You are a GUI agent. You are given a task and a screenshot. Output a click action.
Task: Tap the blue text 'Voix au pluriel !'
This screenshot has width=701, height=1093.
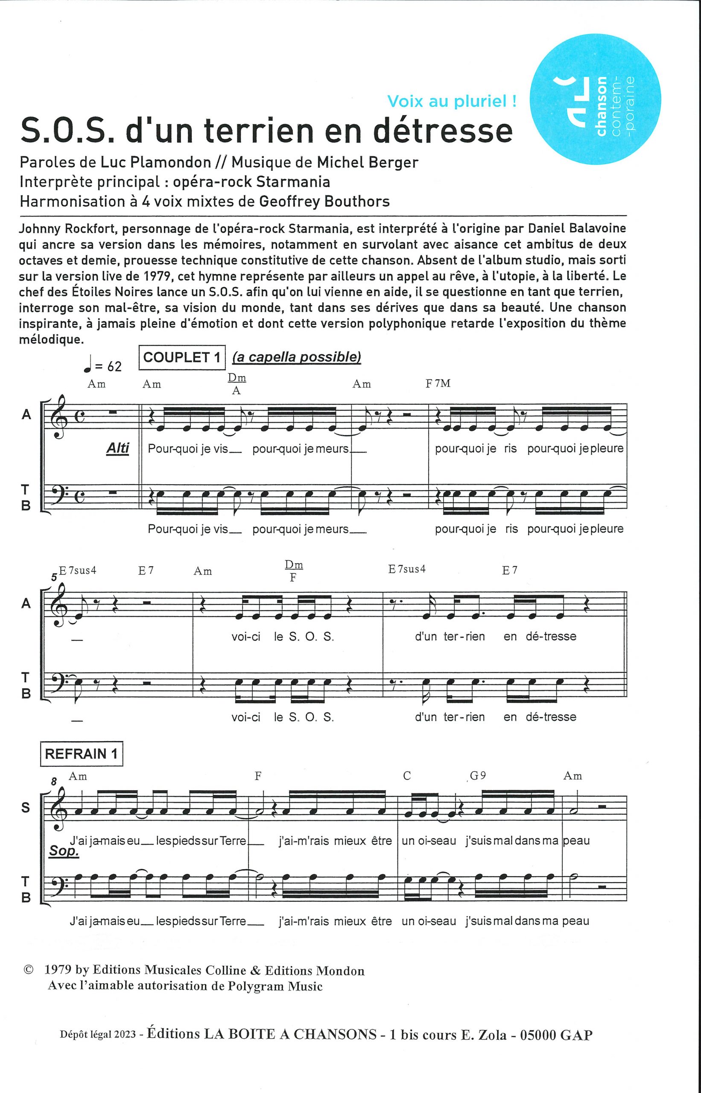coord(452,101)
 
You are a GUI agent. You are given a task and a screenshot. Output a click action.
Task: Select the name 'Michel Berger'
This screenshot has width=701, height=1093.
coord(367,162)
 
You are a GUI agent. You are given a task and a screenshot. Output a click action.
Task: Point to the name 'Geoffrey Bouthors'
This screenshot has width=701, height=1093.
coord(324,201)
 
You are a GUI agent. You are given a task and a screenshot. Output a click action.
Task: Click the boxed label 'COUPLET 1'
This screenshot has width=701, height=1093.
coord(182,357)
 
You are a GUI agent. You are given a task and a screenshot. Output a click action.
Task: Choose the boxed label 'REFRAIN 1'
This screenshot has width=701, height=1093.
coord(82,754)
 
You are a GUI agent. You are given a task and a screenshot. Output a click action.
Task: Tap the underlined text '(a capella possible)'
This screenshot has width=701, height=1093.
coord(297,357)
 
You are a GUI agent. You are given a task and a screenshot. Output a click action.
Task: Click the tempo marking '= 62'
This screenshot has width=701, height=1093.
coord(108,366)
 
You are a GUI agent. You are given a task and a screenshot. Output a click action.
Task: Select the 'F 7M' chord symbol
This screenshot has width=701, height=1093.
coord(438,383)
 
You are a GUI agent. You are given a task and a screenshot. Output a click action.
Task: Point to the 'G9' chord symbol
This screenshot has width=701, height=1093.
coord(477,776)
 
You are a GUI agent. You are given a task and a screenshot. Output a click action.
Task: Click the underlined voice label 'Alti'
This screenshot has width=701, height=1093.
coord(118,448)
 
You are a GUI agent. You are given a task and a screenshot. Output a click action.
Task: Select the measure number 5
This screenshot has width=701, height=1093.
coord(54,578)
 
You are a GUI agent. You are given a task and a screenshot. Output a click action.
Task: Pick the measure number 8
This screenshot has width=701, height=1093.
coord(54,782)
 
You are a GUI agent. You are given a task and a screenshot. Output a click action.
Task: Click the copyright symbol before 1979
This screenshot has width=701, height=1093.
coord(28,970)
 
